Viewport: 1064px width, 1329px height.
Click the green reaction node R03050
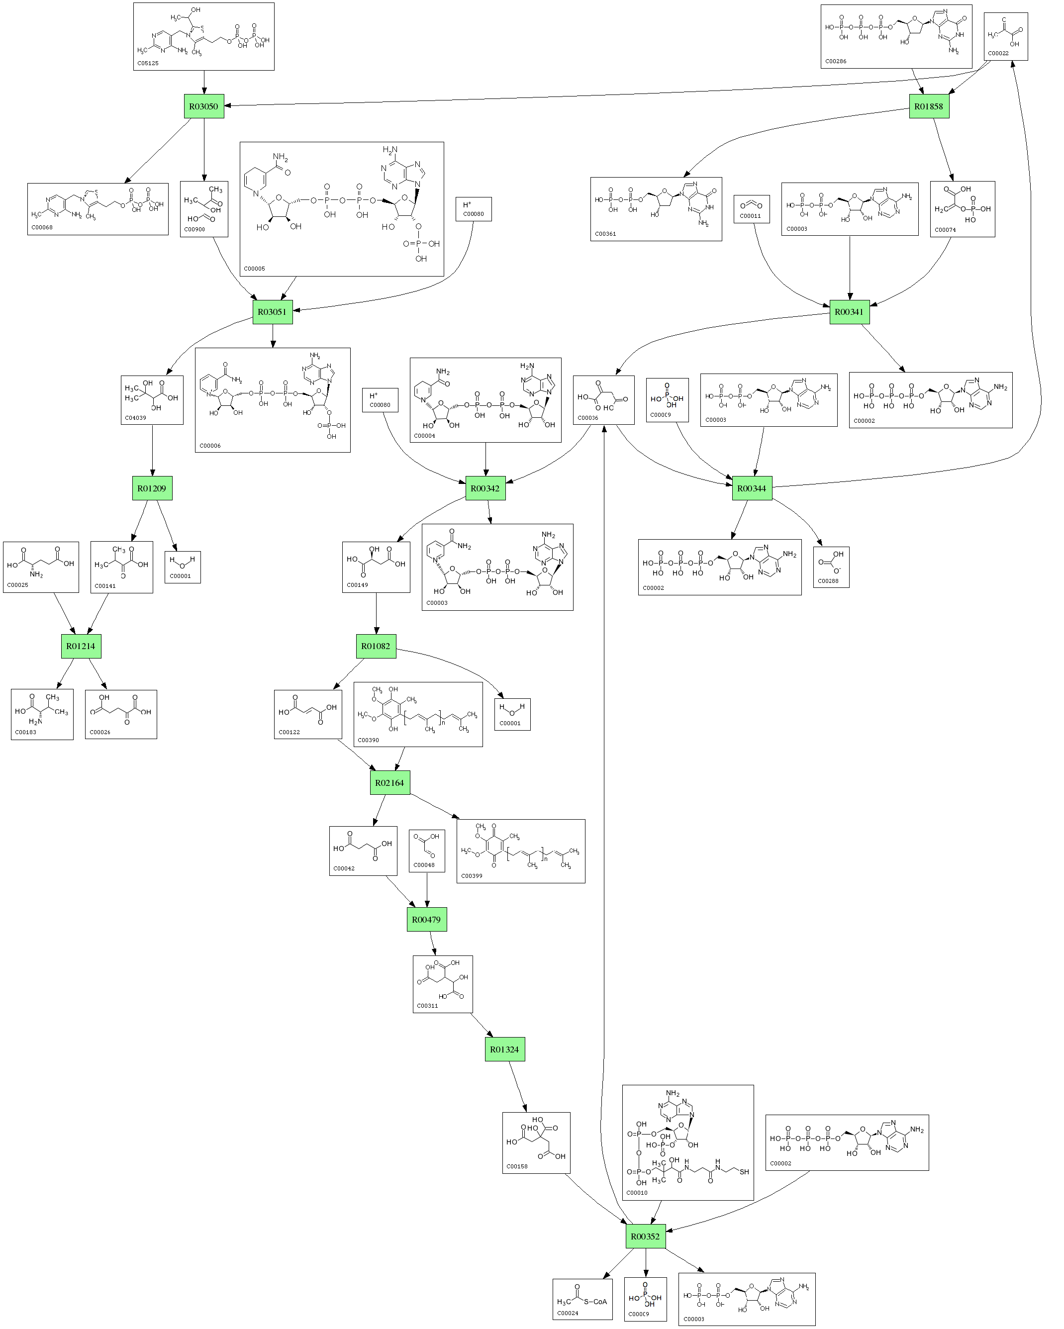click(x=203, y=106)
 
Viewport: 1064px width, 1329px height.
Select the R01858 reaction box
click(x=928, y=106)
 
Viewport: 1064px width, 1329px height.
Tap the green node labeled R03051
click(x=272, y=312)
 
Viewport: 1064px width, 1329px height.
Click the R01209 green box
click(x=152, y=488)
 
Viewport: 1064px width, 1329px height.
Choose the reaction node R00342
click(x=485, y=488)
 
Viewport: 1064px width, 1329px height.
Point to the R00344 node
click(x=752, y=488)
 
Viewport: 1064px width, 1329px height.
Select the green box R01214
click(x=81, y=646)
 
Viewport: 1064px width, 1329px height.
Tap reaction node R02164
click(x=389, y=783)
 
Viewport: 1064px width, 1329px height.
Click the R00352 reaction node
click(x=645, y=1236)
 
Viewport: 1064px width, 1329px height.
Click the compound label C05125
click(x=148, y=63)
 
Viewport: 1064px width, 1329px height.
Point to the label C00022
click(x=998, y=53)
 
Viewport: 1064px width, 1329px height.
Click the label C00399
click(x=472, y=875)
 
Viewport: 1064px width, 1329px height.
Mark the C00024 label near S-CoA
click(x=568, y=1313)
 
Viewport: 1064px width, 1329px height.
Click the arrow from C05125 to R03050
click(x=204, y=83)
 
